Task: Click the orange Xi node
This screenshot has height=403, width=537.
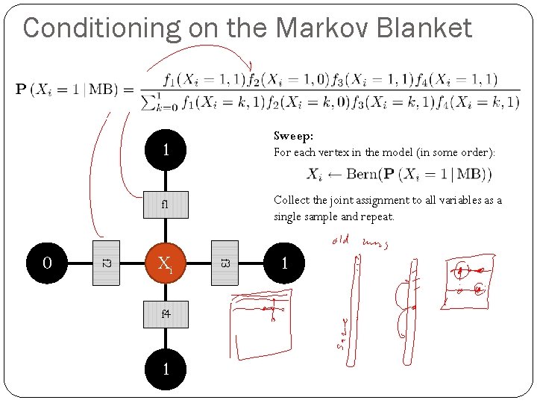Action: (x=166, y=263)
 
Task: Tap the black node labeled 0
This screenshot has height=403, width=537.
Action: (x=47, y=263)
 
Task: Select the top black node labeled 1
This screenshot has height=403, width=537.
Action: (x=166, y=151)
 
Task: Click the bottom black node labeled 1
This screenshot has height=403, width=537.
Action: (x=166, y=369)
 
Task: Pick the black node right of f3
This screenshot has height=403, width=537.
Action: (x=284, y=263)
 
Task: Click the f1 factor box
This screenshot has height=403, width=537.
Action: (x=166, y=203)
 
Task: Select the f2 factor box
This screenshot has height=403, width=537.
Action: (x=106, y=263)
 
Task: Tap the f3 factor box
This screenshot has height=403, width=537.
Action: (x=224, y=263)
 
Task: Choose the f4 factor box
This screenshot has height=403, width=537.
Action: (x=166, y=314)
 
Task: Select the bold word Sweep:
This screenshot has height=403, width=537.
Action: (x=293, y=137)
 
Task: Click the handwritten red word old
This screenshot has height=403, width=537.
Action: (x=340, y=240)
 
